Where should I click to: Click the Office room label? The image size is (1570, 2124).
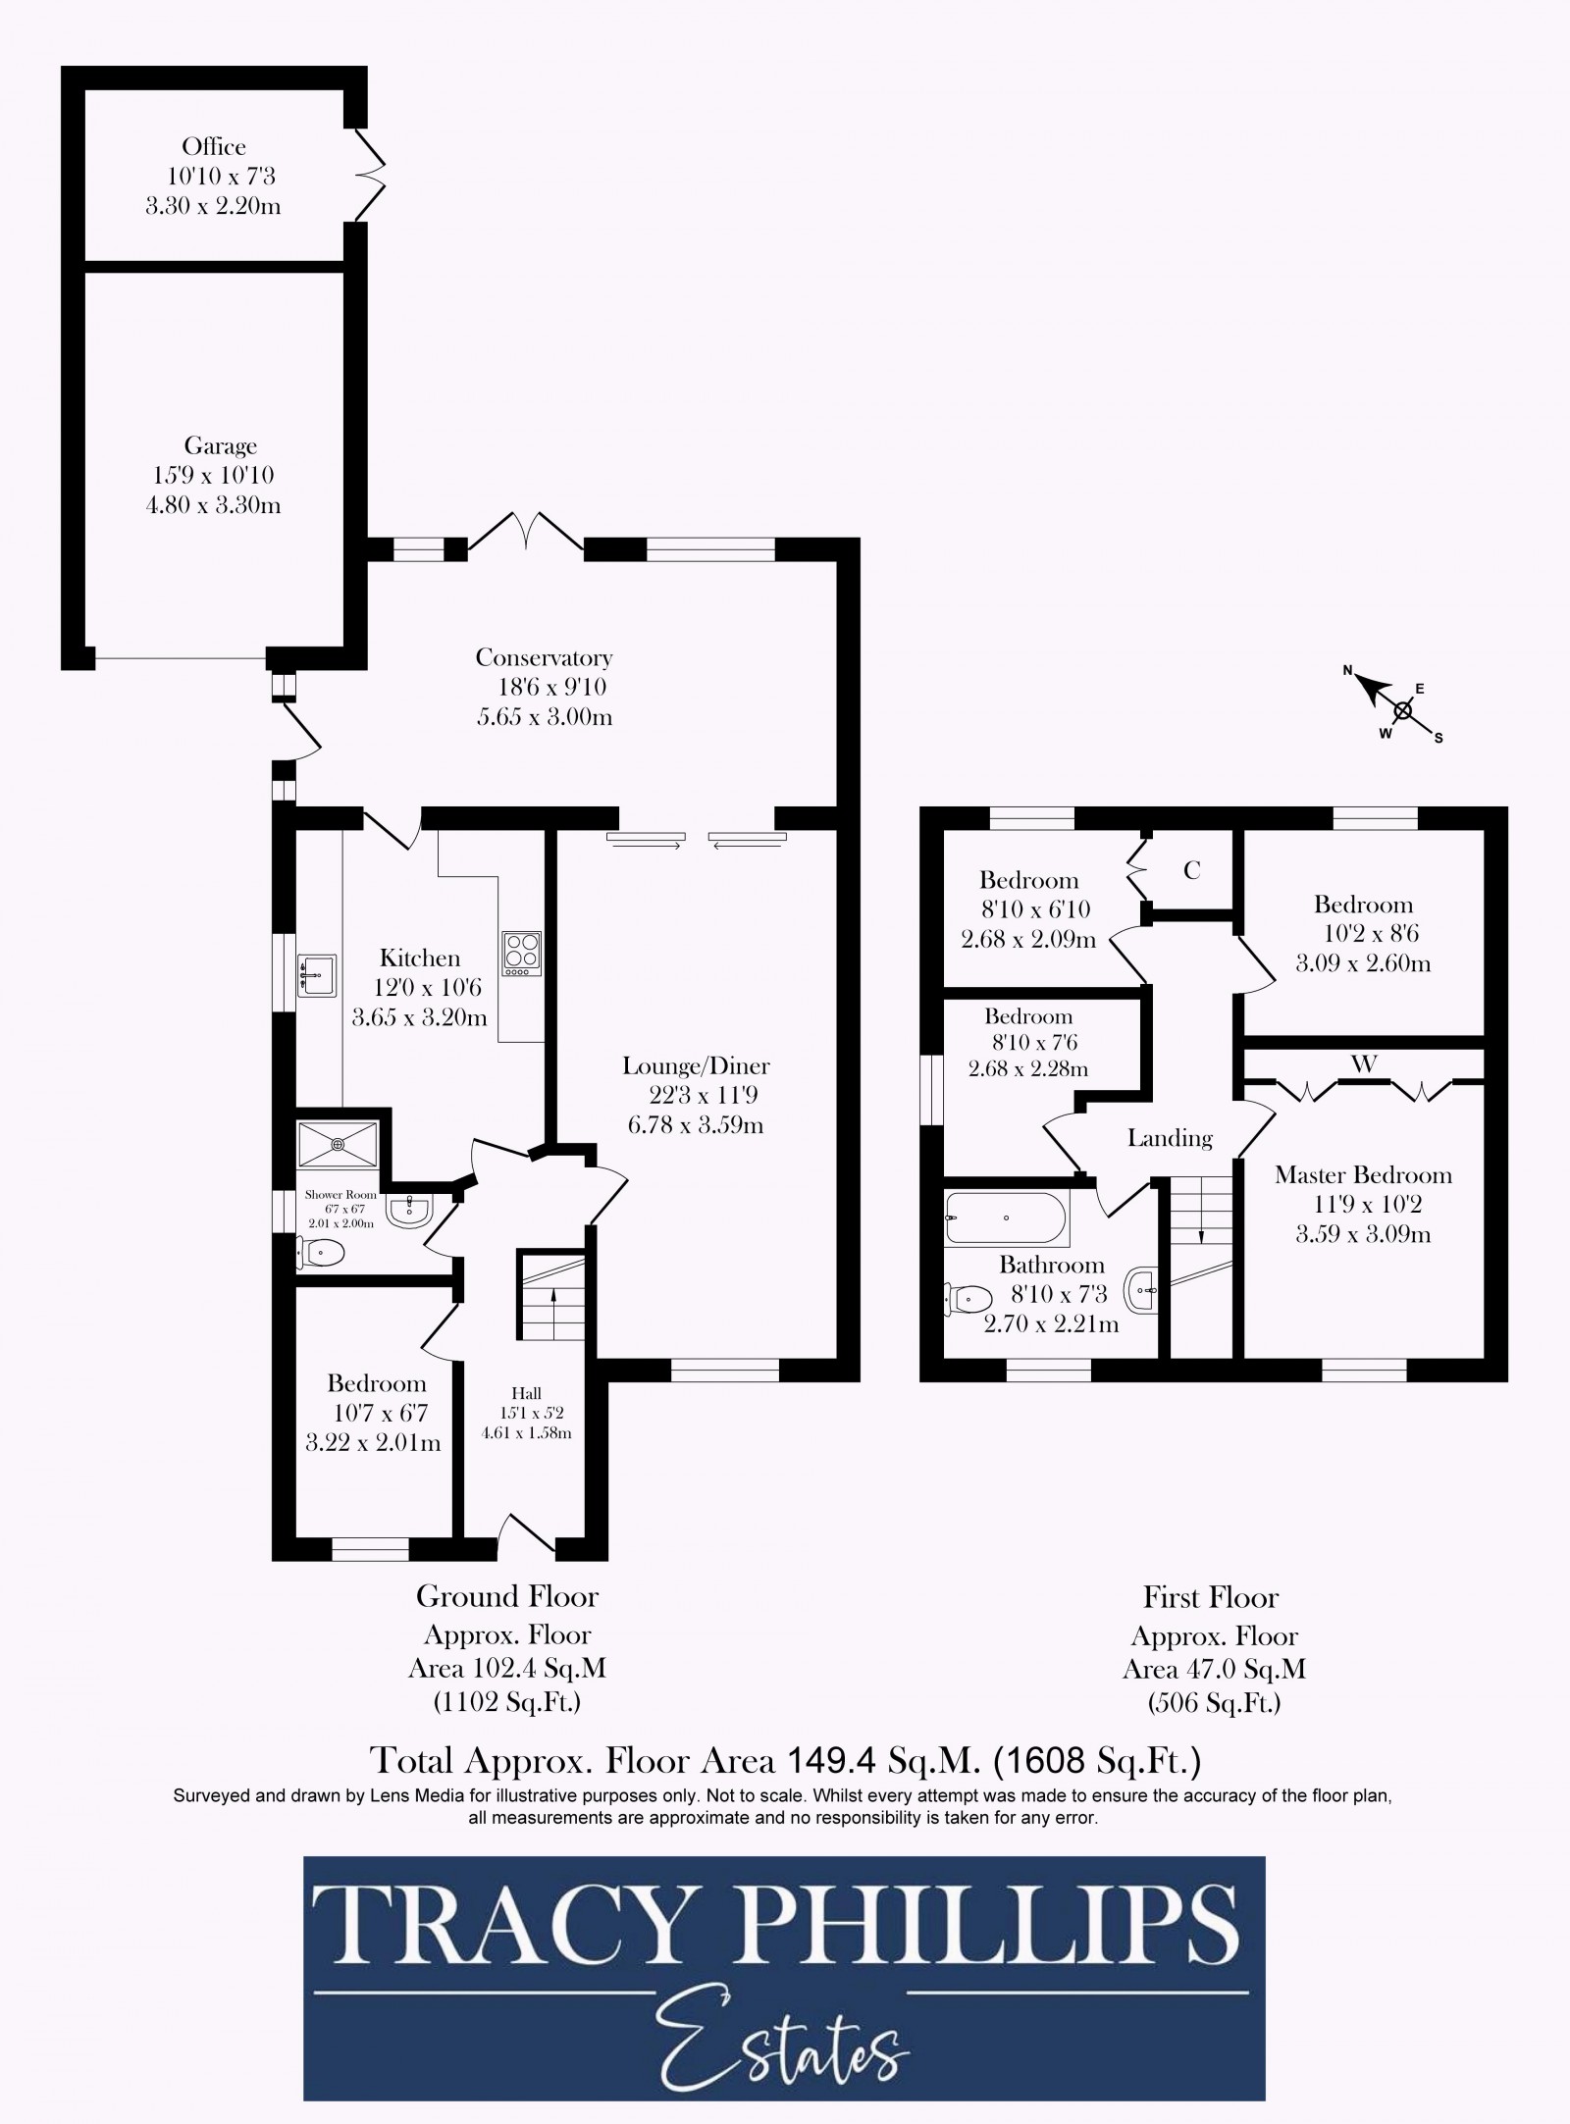tap(213, 147)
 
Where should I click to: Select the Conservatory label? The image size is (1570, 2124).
tap(544, 657)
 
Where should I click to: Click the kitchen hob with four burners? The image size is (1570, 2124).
tap(521, 953)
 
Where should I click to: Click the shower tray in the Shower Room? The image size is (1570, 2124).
tap(338, 1144)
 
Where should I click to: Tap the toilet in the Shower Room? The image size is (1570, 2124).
tap(323, 1253)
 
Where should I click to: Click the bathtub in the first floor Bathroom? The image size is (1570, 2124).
tap(1007, 1218)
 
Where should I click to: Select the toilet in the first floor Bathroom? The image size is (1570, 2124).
tap(968, 1300)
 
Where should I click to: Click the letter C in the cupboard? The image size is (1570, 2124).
tap(1191, 870)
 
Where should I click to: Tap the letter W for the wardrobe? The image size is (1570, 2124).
tap(1364, 1063)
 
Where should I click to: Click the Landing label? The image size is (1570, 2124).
tap(1170, 1138)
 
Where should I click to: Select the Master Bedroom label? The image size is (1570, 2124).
tap(1363, 1174)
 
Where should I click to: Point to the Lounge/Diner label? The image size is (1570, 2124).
tap(696, 1065)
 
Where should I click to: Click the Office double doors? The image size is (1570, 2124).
tap(368, 176)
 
